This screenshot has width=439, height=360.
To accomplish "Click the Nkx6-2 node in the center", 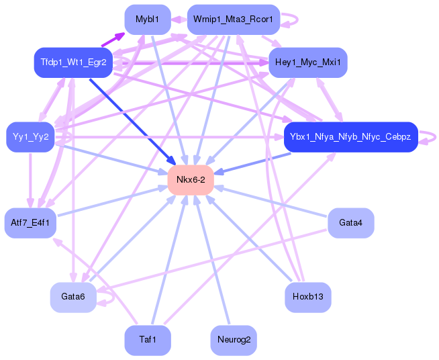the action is [x=191, y=180].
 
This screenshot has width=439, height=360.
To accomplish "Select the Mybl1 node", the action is [x=148, y=19].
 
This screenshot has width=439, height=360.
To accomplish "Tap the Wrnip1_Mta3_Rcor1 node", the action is [x=233, y=19].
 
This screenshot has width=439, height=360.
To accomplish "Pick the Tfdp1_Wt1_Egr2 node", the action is [x=73, y=62].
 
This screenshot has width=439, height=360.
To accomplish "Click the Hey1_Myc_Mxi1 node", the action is [x=307, y=62].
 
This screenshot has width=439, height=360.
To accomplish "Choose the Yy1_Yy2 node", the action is [x=30, y=137].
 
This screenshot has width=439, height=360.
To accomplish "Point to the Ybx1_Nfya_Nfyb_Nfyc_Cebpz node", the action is [x=350, y=137].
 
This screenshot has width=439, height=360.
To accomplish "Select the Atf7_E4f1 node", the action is [x=30, y=223].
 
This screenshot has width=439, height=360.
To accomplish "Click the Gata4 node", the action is [x=350, y=223].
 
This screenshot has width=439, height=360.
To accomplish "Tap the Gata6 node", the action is [x=73, y=297].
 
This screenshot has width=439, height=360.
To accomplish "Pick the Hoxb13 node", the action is [x=307, y=297].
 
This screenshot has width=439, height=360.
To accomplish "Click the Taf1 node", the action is [x=148, y=340].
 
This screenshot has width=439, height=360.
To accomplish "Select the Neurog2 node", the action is [x=234, y=340].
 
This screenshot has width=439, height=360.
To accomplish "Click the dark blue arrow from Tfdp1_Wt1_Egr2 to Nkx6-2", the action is [x=133, y=122].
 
